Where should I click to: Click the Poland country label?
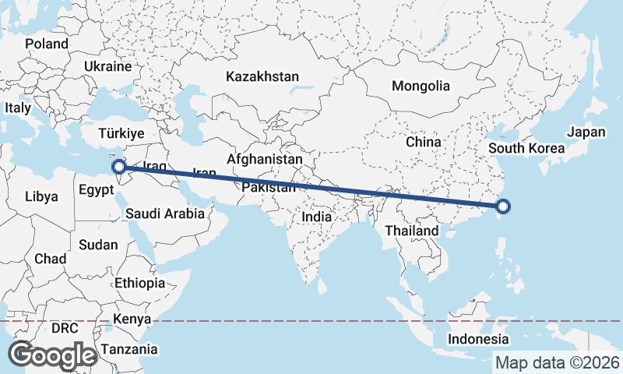47,44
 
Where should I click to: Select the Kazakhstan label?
262,76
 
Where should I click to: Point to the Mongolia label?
421,86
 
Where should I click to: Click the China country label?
424,143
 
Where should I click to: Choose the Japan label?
586,132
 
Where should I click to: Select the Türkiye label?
121,134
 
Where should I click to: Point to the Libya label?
41,196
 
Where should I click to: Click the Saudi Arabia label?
164,213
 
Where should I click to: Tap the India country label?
317,217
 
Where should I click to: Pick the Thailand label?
412,231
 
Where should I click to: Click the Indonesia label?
477,339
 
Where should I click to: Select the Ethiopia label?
139,283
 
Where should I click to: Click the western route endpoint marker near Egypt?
119,167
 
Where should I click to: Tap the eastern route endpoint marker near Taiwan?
503,206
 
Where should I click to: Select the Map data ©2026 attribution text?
558,362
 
